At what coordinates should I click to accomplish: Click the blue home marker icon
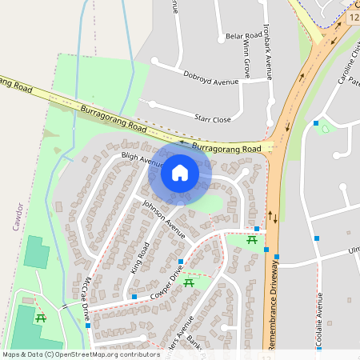[179, 172]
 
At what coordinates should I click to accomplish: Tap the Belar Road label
[243, 37]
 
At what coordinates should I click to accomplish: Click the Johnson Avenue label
[163, 218]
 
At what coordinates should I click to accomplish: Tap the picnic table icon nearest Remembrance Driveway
[252, 239]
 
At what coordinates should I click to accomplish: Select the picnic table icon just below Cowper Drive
[190, 282]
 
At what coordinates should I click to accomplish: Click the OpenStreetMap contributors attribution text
[81, 354]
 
